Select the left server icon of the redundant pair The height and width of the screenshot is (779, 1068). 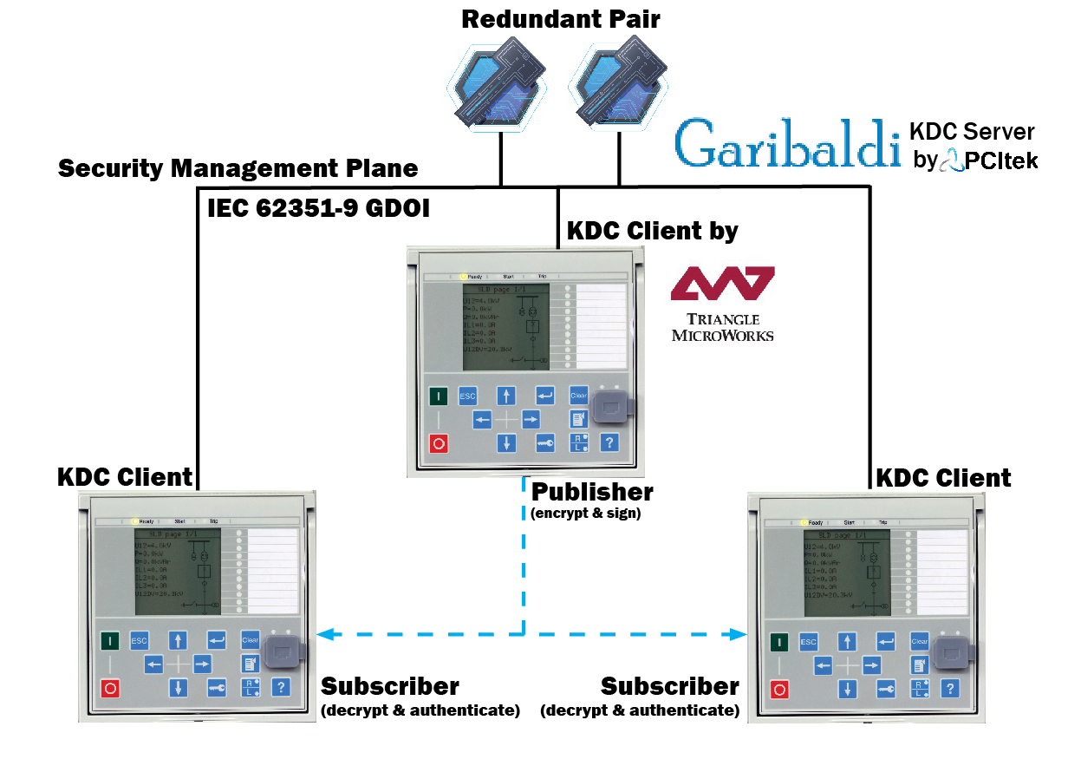coord(498,87)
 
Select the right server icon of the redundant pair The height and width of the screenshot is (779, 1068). coord(619,87)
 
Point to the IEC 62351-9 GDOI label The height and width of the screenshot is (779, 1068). coord(318,209)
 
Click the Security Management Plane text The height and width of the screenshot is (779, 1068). coord(238,168)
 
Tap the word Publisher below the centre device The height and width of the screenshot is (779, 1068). coord(592,492)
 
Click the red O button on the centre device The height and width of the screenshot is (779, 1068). coord(439,443)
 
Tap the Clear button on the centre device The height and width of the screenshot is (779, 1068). coord(579,396)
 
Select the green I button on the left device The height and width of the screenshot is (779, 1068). coord(109,641)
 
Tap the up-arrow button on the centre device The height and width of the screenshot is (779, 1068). coord(506,396)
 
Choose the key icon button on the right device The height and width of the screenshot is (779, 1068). coord(886,689)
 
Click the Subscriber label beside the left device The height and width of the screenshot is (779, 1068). coord(390,686)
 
